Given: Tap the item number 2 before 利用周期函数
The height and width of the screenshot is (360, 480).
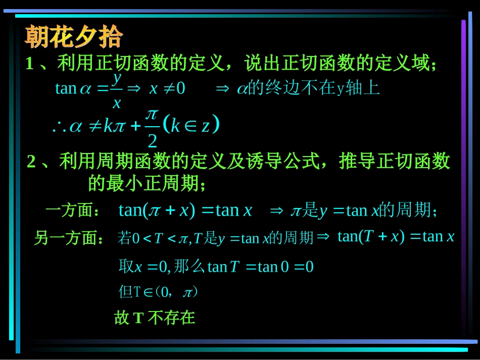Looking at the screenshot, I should (31, 162).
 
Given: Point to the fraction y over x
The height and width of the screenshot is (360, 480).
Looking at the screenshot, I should (117, 90).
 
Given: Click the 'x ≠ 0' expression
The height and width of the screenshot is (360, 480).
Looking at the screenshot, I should (167, 88).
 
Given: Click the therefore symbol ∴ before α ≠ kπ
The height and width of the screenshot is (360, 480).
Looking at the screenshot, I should (59, 126).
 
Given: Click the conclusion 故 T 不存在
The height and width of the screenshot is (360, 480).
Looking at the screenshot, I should (155, 318).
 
